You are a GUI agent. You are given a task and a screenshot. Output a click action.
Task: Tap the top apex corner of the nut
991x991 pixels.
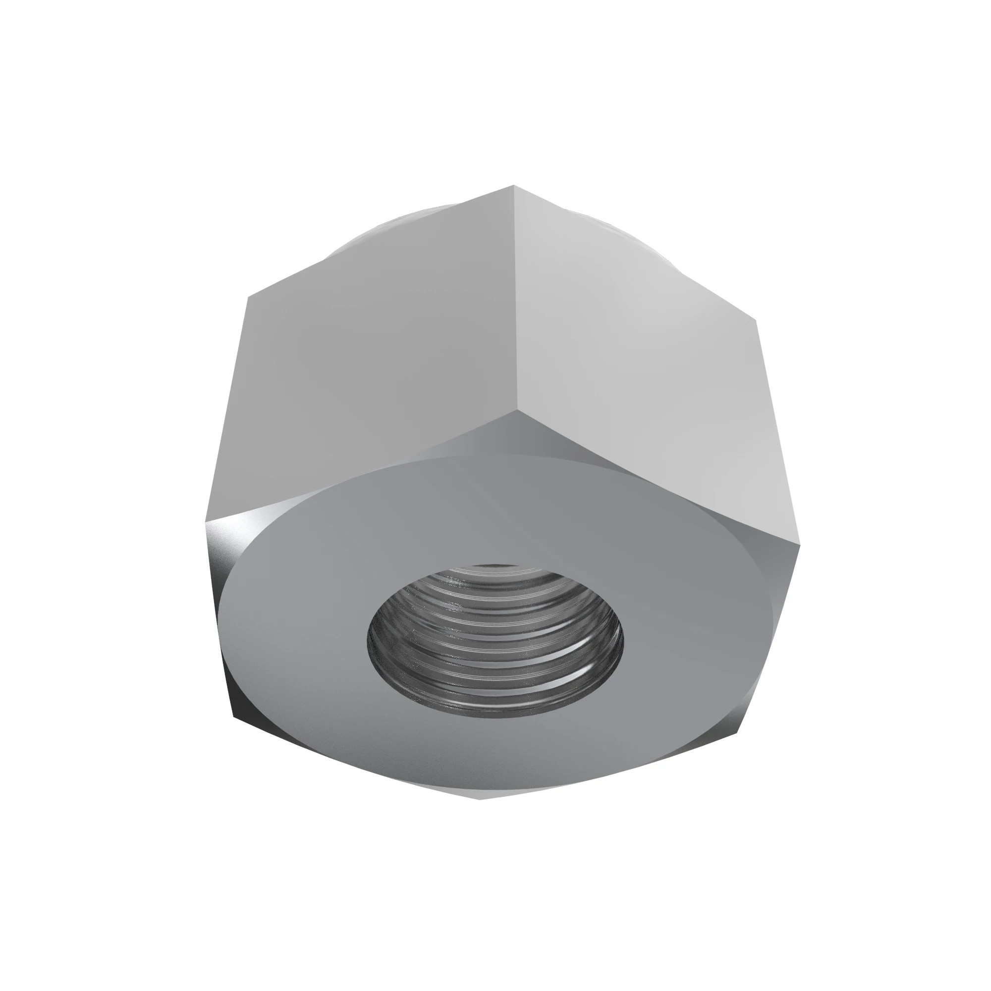(513, 186)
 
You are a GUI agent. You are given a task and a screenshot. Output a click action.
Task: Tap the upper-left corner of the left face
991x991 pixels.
(248, 296)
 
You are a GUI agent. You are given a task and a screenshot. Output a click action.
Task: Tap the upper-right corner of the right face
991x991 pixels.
(757, 320)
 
